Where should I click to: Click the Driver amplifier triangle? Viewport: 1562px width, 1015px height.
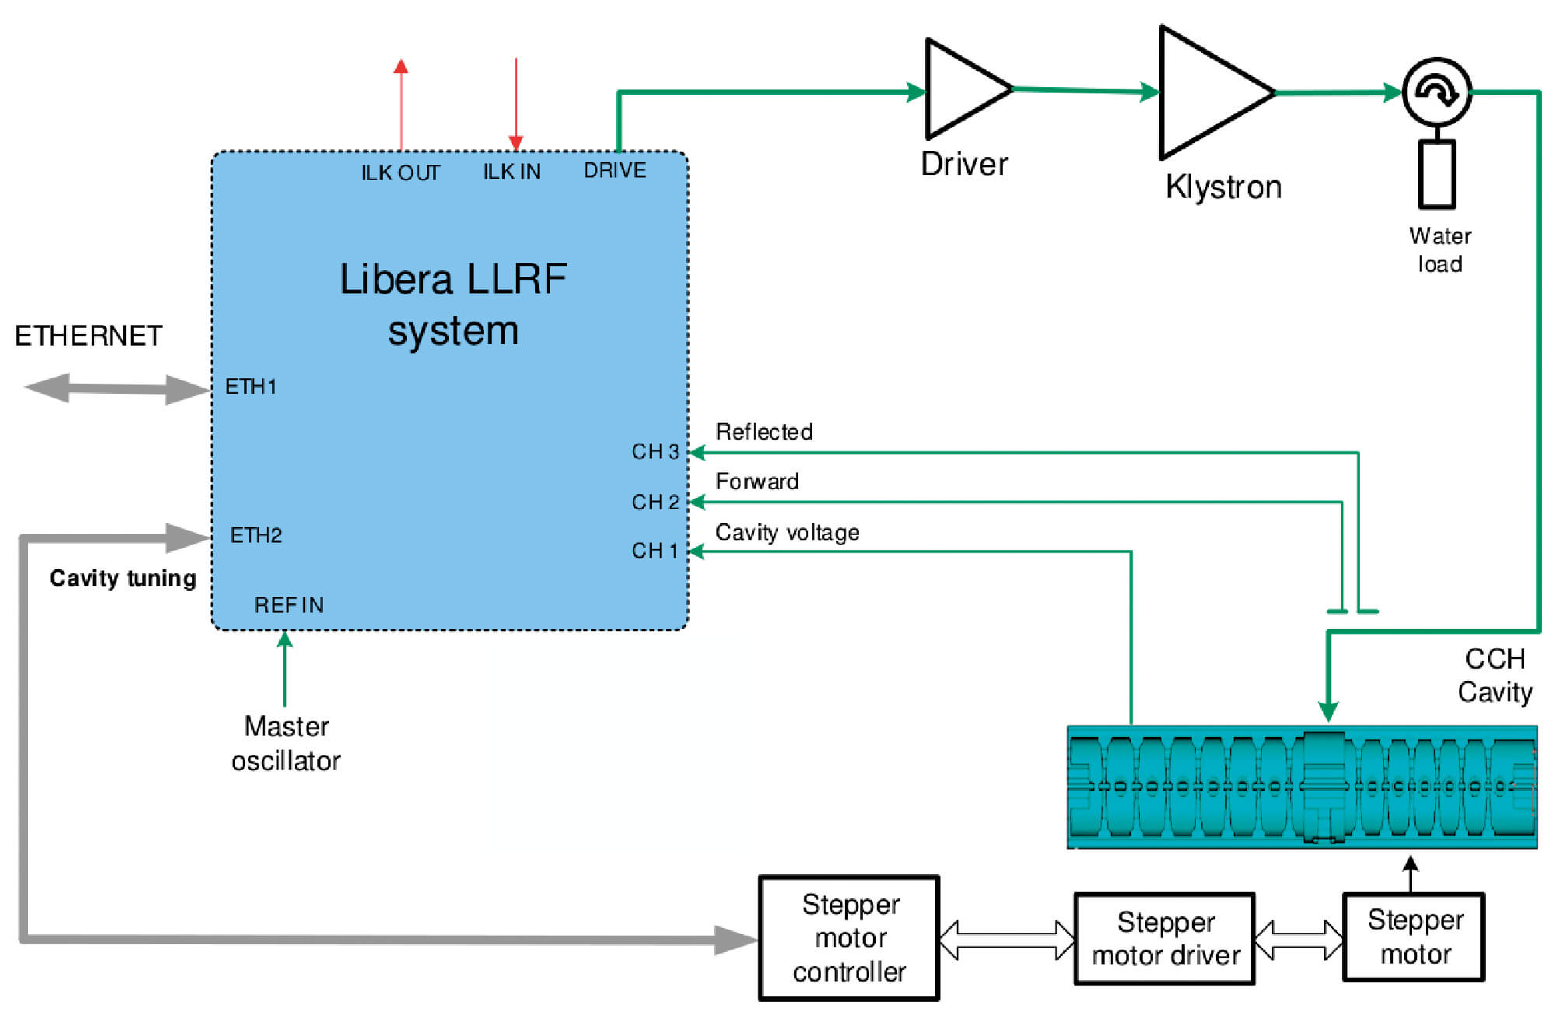(961, 90)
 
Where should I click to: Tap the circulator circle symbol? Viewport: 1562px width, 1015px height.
(1437, 92)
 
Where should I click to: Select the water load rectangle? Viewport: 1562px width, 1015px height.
(1437, 174)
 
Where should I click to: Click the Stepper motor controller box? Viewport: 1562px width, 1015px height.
(849, 938)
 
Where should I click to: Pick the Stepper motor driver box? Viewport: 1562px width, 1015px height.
(1164, 939)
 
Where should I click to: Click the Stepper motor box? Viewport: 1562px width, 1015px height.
(1413, 937)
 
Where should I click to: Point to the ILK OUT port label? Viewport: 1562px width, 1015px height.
(401, 173)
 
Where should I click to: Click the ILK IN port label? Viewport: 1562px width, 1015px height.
(511, 172)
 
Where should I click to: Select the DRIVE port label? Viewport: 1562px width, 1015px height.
(615, 170)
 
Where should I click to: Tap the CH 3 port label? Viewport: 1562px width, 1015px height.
(655, 451)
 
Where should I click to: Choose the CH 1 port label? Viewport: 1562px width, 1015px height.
(654, 551)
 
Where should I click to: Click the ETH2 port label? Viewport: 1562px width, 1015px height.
(256, 536)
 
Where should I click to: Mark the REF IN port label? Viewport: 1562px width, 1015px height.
(289, 605)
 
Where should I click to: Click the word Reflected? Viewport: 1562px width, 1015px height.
(764, 432)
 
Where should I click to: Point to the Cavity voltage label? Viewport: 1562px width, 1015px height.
(787, 532)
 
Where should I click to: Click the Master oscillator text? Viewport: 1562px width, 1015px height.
(286, 743)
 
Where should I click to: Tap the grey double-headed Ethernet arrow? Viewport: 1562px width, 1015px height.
(117, 388)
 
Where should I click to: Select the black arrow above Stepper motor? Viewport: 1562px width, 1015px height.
(1410, 873)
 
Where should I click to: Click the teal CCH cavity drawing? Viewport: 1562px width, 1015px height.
(1301, 787)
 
